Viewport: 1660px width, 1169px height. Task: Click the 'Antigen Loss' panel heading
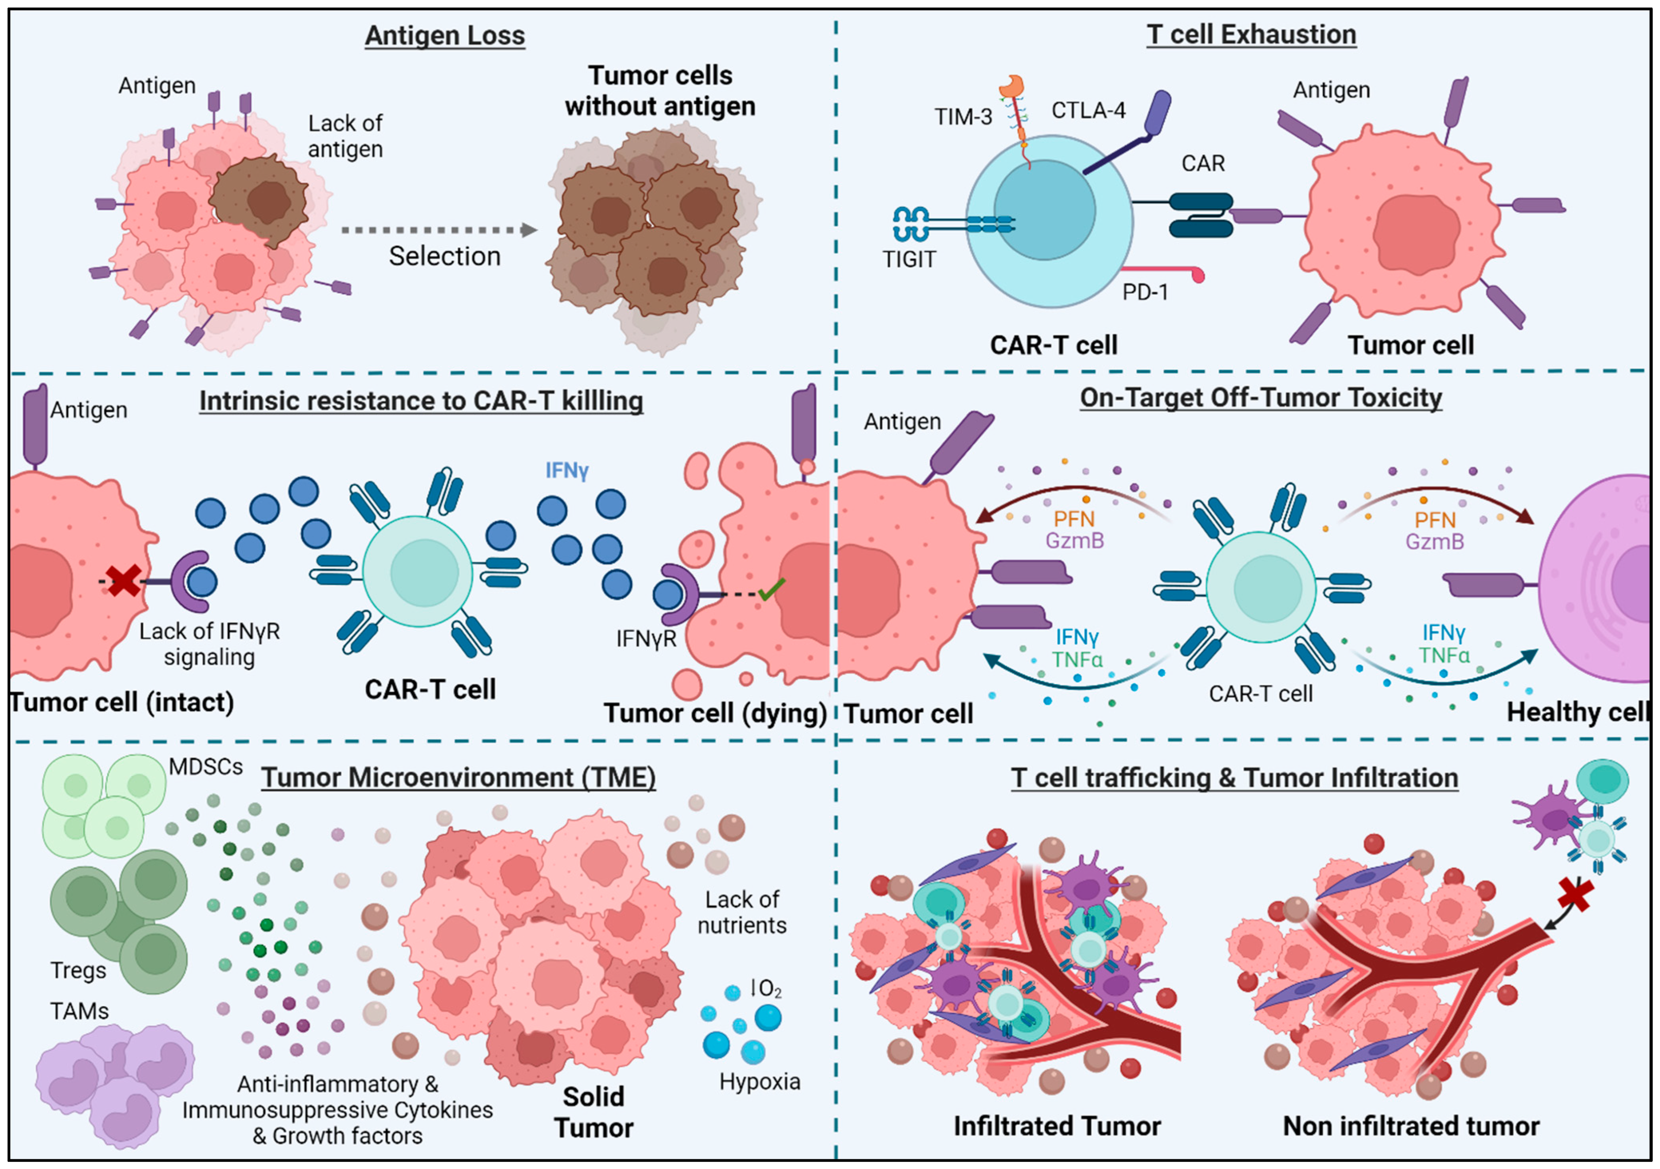pos(444,35)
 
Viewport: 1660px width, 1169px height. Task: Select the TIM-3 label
pos(963,117)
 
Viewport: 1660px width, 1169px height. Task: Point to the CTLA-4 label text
pos(1088,111)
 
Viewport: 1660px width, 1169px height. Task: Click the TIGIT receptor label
pos(909,259)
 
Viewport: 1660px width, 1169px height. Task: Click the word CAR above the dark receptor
pos(1203,163)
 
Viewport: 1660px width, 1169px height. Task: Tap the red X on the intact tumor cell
pos(124,581)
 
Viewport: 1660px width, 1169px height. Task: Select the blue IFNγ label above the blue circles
pos(567,471)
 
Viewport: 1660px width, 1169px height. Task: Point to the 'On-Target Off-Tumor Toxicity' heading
pos(1261,398)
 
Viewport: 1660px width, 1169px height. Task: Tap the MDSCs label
pos(206,767)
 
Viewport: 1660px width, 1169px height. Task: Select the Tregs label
pos(78,970)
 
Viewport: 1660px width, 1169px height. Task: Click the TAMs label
pos(79,1011)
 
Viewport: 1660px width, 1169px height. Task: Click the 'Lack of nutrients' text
pos(742,913)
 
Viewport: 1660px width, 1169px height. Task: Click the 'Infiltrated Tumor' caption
pos(1057,1126)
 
